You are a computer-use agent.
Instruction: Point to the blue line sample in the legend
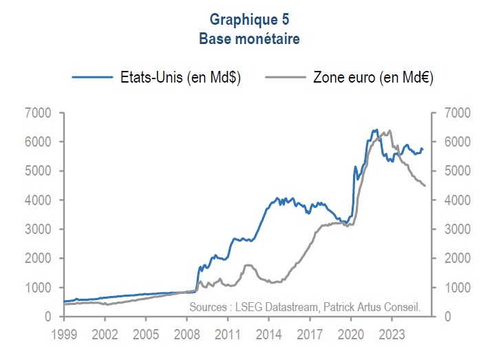click(x=92, y=77)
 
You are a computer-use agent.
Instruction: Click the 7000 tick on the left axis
click(x=39, y=113)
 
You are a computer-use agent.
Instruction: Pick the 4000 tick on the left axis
click(x=39, y=200)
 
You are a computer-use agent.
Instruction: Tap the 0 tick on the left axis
click(x=49, y=317)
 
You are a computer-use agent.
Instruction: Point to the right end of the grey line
click(x=425, y=186)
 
